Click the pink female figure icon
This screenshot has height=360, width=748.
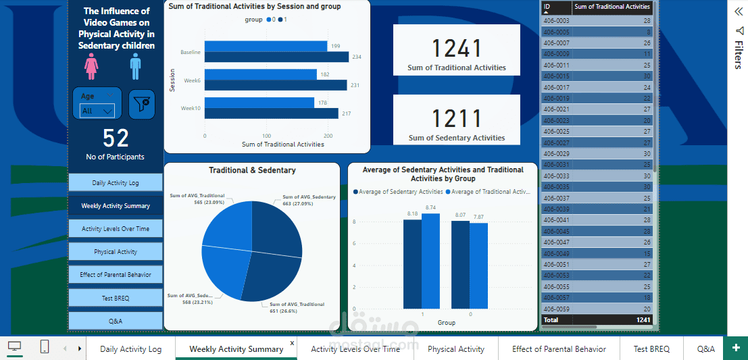(x=91, y=66)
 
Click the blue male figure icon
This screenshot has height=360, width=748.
(x=135, y=66)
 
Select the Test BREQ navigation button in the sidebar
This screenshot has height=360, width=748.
(x=116, y=298)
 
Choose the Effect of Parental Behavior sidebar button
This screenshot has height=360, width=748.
(x=116, y=275)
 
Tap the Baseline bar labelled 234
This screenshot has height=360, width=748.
(x=276, y=57)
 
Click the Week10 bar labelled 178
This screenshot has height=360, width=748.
(x=259, y=103)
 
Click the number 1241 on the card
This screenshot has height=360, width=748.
(x=457, y=49)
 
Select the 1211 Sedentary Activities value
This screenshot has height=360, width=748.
(x=457, y=119)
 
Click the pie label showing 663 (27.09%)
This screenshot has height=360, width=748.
(x=309, y=200)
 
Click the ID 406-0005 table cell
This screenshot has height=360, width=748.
(x=556, y=32)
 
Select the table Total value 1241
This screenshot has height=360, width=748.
(x=643, y=319)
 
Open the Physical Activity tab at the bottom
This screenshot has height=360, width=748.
(x=456, y=349)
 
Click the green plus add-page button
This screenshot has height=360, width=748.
(x=735, y=348)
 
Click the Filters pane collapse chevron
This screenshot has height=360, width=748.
(x=739, y=11)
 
